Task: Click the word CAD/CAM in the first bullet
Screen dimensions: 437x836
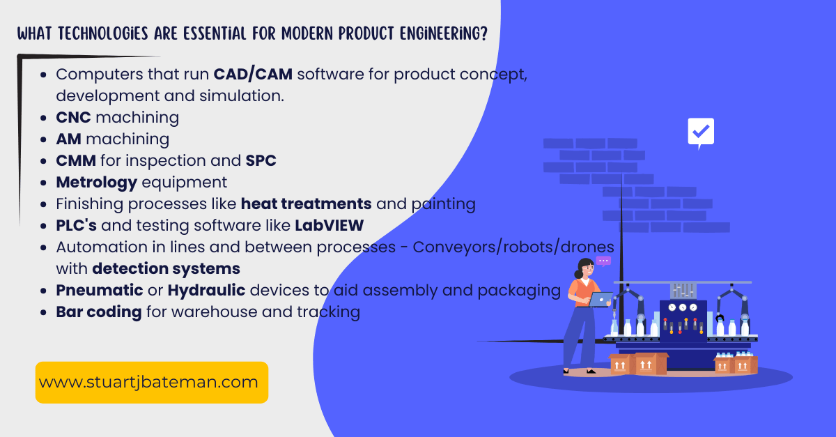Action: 253,75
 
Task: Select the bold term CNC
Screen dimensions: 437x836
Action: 73,117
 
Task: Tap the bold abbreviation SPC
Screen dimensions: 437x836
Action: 261,160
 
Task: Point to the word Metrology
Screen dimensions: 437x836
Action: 96,183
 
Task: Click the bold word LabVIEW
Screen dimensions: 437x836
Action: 329,225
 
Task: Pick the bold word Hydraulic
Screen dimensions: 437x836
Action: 206,290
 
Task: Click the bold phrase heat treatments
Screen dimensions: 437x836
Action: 306,204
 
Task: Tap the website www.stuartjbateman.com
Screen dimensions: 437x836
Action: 148,382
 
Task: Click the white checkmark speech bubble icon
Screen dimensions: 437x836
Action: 700,132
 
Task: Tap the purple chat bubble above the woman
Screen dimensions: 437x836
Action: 603,261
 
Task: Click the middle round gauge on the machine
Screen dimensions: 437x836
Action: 682,307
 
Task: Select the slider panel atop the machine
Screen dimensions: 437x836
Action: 682,291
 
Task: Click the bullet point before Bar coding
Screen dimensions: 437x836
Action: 45,312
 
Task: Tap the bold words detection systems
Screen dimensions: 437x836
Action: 166,268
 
